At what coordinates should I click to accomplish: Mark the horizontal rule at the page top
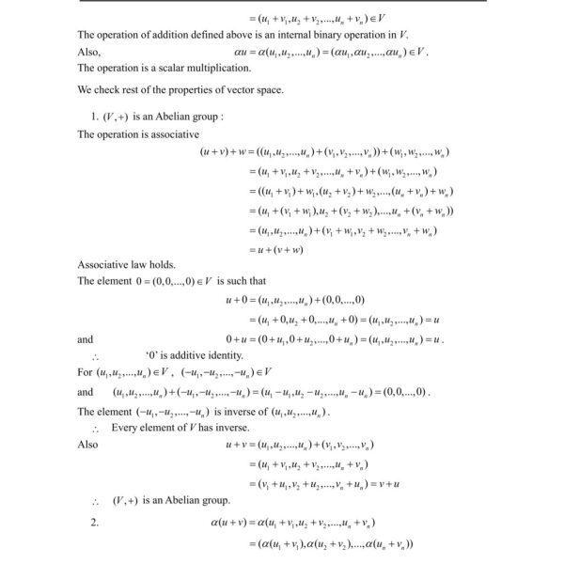[x=282, y=2]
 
